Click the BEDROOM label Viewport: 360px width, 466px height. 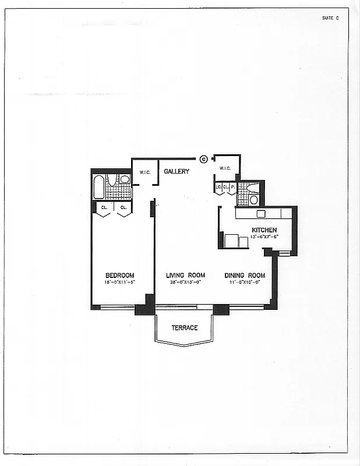click(119, 276)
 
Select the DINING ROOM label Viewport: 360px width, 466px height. click(245, 276)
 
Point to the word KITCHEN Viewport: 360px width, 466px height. click(264, 230)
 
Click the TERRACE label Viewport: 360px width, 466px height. click(184, 328)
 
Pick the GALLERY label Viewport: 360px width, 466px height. click(177, 171)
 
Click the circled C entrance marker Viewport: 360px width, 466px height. click(203, 158)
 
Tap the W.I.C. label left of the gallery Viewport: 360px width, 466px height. click(144, 172)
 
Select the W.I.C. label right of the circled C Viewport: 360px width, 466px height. click(225, 169)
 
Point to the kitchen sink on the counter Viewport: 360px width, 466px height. click(260, 213)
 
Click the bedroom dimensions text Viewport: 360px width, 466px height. click(119, 283)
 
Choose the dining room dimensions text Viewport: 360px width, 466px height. click(245, 283)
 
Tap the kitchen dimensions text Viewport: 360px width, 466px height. click(264, 237)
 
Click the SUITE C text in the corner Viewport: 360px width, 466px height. click(330, 18)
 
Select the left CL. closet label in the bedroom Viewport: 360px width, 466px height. click(104, 207)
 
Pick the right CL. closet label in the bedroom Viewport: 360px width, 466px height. click(123, 207)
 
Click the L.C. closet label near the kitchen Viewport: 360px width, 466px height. click(218, 187)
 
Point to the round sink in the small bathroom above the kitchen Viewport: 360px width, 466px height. click(253, 199)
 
